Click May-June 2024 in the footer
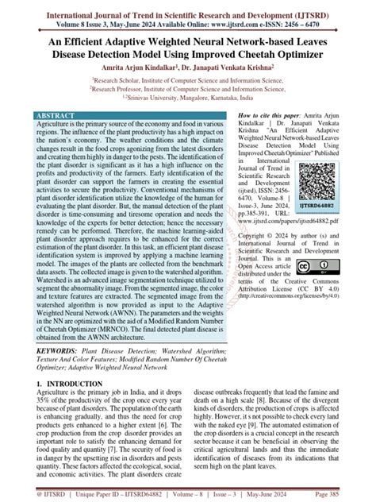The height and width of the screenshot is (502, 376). click(289, 493)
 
